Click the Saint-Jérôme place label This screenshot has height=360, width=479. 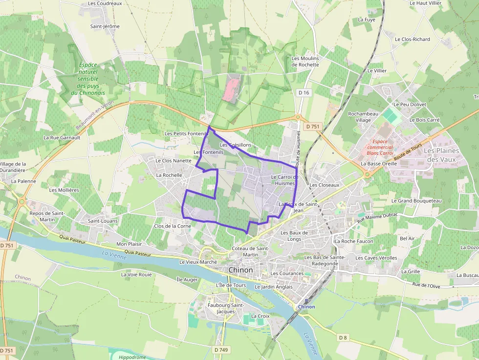click(x=105, y=26)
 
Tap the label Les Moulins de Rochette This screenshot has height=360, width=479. click(x=305, y=62)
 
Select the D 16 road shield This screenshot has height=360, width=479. click(x=304, y=93)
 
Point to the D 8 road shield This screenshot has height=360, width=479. click(x=343, y=338)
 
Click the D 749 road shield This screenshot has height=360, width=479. click(x=221, y=350)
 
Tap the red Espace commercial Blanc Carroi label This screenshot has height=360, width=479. click(x=380, y=147)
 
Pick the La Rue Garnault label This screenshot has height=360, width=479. click(x=62, y=138)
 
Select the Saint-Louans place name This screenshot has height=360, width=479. click(x=103, y=221)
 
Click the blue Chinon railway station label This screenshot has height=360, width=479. click(x=306, y=307)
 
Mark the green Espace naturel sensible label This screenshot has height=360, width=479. click(x=87, y=79)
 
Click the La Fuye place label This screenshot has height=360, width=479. click(x=367, y=20)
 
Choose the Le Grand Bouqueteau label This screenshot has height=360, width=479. click(x=416, y=201)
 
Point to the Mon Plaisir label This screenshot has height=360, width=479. click(x=129, y=244)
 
